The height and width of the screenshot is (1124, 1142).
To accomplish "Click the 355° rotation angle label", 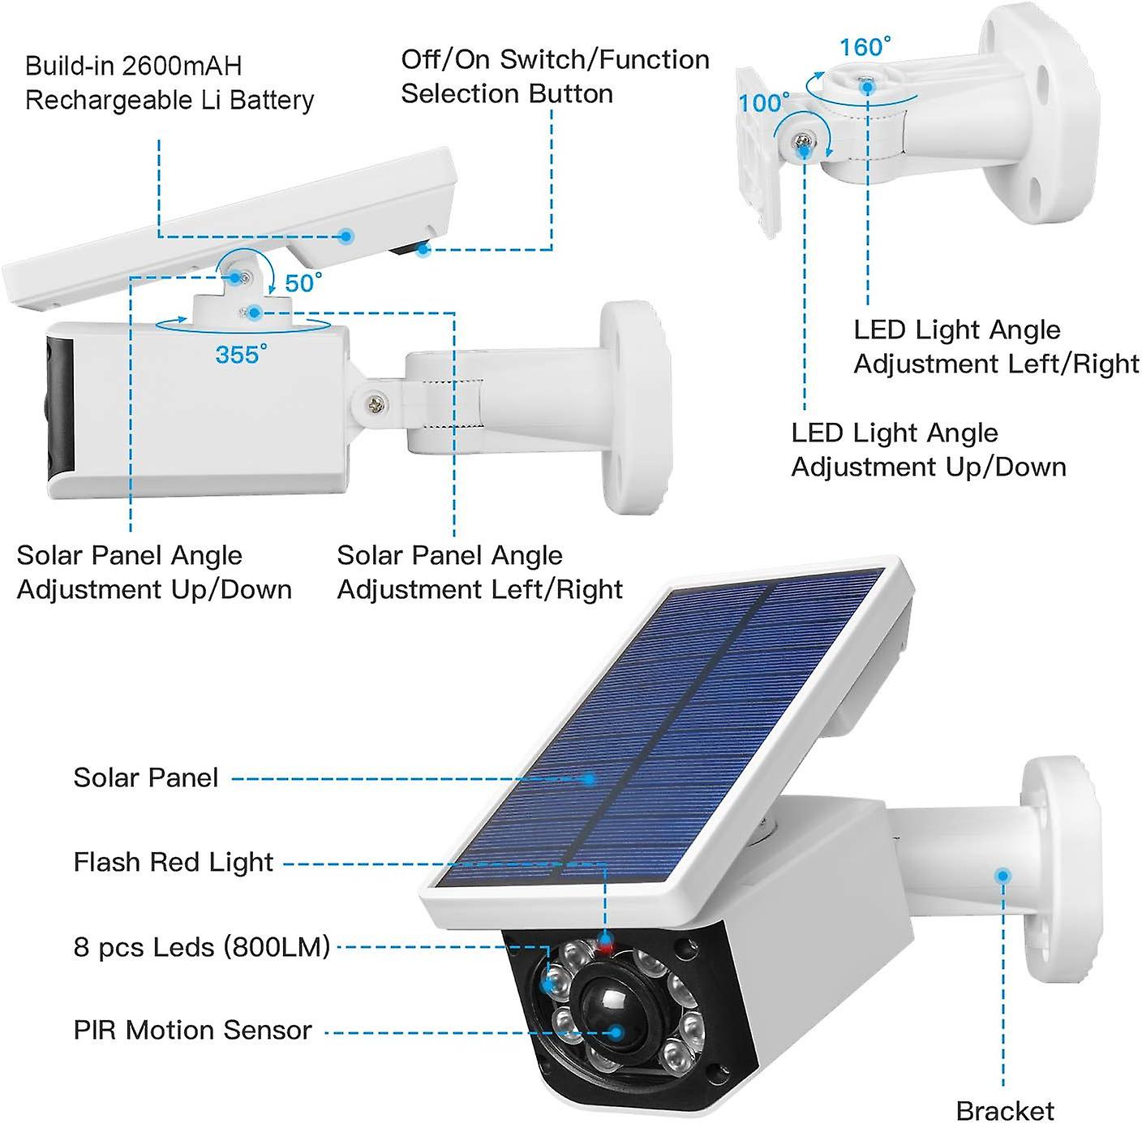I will [x=240, y=355].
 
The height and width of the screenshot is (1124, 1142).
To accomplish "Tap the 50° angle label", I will [x=303, y=283].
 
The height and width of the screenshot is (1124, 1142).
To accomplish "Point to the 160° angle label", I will [x=865, y=47].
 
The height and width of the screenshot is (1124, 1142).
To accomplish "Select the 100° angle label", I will [x=763, y=103].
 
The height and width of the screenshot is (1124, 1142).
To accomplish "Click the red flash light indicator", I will [x=605, y=943].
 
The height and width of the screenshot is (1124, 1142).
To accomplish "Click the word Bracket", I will [x=1005, y=1109].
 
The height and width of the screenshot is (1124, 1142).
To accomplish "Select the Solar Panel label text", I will [x=146, y=777].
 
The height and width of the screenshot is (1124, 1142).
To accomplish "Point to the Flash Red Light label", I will [x=174, y=862].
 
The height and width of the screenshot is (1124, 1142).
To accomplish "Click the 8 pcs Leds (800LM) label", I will [x=202, y=946].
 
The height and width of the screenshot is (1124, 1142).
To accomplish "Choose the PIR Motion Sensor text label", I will [x=192, y=1030].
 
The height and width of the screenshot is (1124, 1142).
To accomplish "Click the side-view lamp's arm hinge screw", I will [x=375, y=402].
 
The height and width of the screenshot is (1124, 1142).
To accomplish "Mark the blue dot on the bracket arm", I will [x=1003, y=876].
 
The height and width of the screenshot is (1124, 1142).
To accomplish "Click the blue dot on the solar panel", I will [x=590, y=779].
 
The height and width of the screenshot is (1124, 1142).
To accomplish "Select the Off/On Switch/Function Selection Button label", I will [x=555, y=76].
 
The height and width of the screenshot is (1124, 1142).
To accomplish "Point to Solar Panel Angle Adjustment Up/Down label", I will [x=154, y=572].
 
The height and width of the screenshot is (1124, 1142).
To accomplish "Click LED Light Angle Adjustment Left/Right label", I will [x=996, y=347].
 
